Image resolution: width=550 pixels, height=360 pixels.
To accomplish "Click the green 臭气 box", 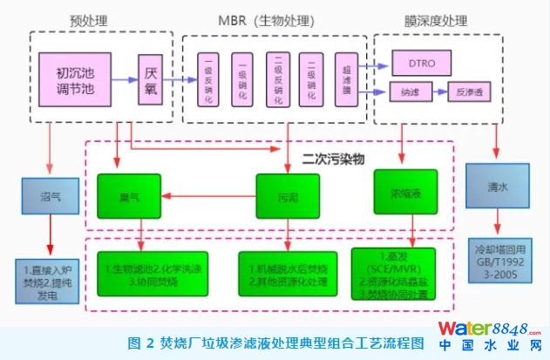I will coord(128,197).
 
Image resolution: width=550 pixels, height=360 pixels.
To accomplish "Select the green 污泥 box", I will coord(287,197).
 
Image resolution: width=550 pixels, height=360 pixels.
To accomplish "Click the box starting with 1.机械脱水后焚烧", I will coord(288,274).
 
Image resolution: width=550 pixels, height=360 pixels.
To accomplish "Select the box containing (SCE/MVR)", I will coord(400,274).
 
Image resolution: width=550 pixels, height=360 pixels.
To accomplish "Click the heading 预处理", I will coord(87,18).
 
